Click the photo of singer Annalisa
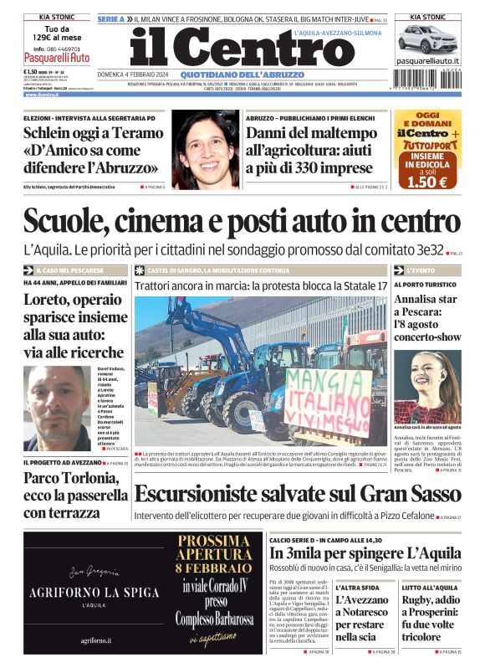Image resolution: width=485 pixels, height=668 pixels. click(427, 386)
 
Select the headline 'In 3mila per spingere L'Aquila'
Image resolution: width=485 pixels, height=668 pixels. click(365, 553)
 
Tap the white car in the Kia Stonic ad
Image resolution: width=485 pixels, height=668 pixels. click(427, 39)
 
